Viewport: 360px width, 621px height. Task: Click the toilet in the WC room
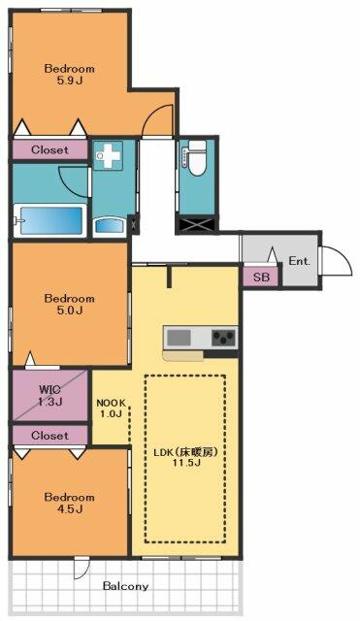point(197,157)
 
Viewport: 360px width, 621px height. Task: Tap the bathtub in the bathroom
point(49,220)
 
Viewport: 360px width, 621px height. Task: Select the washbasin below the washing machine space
point(110,227)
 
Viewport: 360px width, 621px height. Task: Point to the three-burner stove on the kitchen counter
point(224,338)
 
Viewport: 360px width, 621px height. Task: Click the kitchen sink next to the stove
point(179,338)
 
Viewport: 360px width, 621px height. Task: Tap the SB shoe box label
point(261,278)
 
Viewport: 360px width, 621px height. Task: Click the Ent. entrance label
point(299,261)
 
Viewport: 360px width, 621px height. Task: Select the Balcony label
point(125,586)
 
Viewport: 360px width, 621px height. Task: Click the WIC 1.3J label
point(49,395)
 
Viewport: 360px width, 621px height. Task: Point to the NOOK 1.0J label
point(112,409)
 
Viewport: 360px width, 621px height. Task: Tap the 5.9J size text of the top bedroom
point(69,81)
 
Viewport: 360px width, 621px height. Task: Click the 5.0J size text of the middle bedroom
point(69,310)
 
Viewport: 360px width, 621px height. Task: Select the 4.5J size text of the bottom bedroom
point(69,508)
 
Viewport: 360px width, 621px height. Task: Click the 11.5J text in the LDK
point(185,463)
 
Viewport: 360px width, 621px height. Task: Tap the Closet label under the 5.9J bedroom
point(49,150)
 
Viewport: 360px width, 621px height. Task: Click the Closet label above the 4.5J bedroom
point(49,436)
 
